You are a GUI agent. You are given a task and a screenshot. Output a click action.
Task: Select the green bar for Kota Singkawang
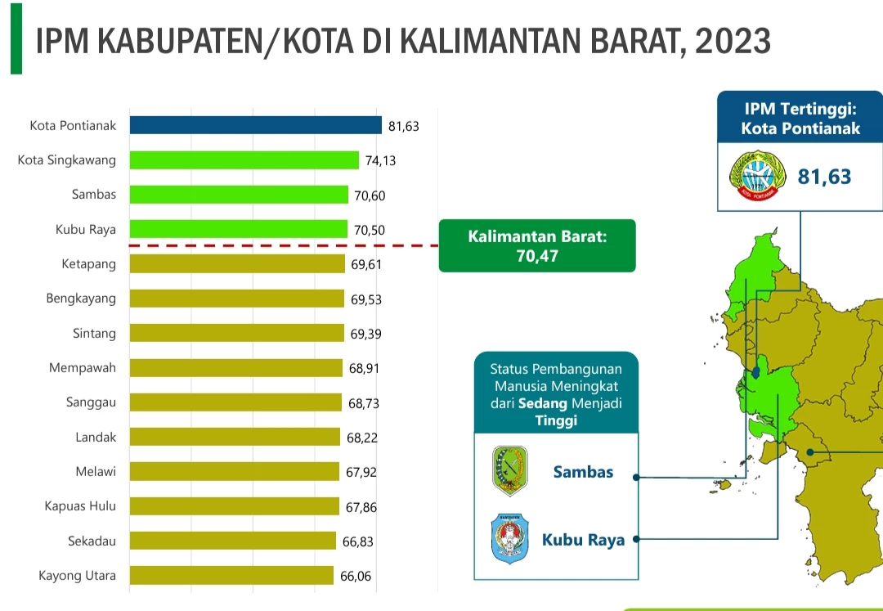pyautogui.click(x=244, y=160)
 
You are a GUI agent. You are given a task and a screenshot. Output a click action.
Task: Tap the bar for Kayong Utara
pyautogui.click(x=231, y=575)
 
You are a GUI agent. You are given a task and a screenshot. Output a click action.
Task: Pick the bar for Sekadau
pyautogui.click(x=232, y=541)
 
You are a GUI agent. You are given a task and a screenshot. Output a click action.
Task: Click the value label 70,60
pyautogui.click(x=369, y=195)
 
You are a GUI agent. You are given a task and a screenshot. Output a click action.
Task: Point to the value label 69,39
pyautogui.click(x=366, y=334)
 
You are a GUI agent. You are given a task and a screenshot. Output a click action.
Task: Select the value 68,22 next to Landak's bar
pyautogui.click(x=363, y=438)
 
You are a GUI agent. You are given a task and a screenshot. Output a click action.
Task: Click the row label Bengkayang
pyautogui.click(x=81, y=299)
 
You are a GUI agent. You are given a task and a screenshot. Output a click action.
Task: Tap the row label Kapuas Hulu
pyautogui.click(x=80, y=506)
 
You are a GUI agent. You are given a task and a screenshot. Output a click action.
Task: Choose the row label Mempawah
pyautogui.click(x=83, y=368)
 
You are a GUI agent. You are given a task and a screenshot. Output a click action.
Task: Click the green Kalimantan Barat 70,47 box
pyautogui.click(x=537, y=245)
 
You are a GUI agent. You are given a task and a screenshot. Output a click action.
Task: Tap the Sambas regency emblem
pyautogui.click(x=509, y=471)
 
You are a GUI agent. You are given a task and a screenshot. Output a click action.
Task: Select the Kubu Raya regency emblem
pyautogui.click(x=509, y=538)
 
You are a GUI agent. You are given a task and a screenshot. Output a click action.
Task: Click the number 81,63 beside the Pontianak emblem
pyautogui.click(x=825, y=176)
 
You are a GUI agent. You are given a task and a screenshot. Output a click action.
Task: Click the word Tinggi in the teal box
pyautogui.click(x=556, y=420)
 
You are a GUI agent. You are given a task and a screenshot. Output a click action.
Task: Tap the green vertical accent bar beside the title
pyautogui.click(x=16, y=38)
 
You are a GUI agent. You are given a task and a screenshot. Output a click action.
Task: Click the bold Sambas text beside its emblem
pyautogui.click(x=583, y=472)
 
